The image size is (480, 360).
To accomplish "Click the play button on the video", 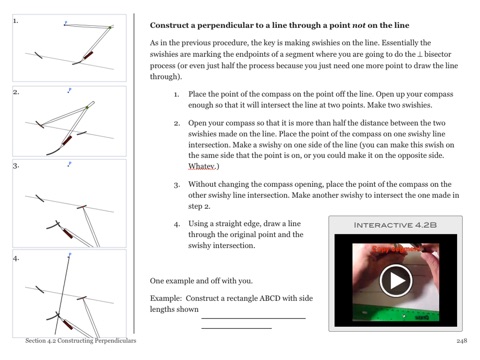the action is (x=396, y=281).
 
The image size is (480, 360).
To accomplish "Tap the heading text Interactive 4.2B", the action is (x=395, y=225).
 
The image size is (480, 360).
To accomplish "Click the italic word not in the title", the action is (x=359, y=25).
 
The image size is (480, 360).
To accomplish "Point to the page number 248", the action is (x=462, y=341).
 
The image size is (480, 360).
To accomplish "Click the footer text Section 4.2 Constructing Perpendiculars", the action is (x=81, y=341).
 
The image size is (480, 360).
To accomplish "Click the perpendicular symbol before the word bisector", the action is (x=420, y=54).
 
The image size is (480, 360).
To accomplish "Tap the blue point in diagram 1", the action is (x=66, y=23).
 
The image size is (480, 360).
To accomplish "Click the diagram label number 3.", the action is (x=16, y=166).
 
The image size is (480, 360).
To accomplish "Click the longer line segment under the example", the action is (x=253, y=319).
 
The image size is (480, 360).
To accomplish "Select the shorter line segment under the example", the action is (x=236, y=328).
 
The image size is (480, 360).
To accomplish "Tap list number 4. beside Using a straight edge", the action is (x=177, y=224).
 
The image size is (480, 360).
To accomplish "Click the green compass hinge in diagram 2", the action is (x=87, y=107).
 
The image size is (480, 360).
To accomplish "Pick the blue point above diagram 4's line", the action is (x=69, y=255).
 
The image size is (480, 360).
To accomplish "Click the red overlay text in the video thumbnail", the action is (x=396, y=249).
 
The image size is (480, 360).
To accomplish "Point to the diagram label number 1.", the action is (x=16, y=21).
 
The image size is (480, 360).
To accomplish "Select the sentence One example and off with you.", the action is (x=201, y=281).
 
